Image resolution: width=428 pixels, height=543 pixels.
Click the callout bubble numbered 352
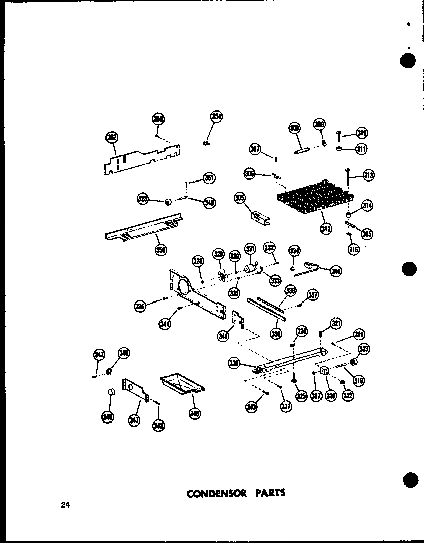[112, 138]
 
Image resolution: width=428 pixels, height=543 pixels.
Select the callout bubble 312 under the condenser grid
[326, 228]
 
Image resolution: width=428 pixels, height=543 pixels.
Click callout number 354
[217, 117]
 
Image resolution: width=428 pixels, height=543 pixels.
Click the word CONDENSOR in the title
[217, 493]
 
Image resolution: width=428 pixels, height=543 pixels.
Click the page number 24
[65, 505]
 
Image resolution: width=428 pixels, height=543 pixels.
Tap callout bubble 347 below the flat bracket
[134, 421]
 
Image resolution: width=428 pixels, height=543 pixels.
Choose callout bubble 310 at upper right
[361, 133]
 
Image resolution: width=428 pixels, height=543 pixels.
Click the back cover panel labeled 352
[144, 161]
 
